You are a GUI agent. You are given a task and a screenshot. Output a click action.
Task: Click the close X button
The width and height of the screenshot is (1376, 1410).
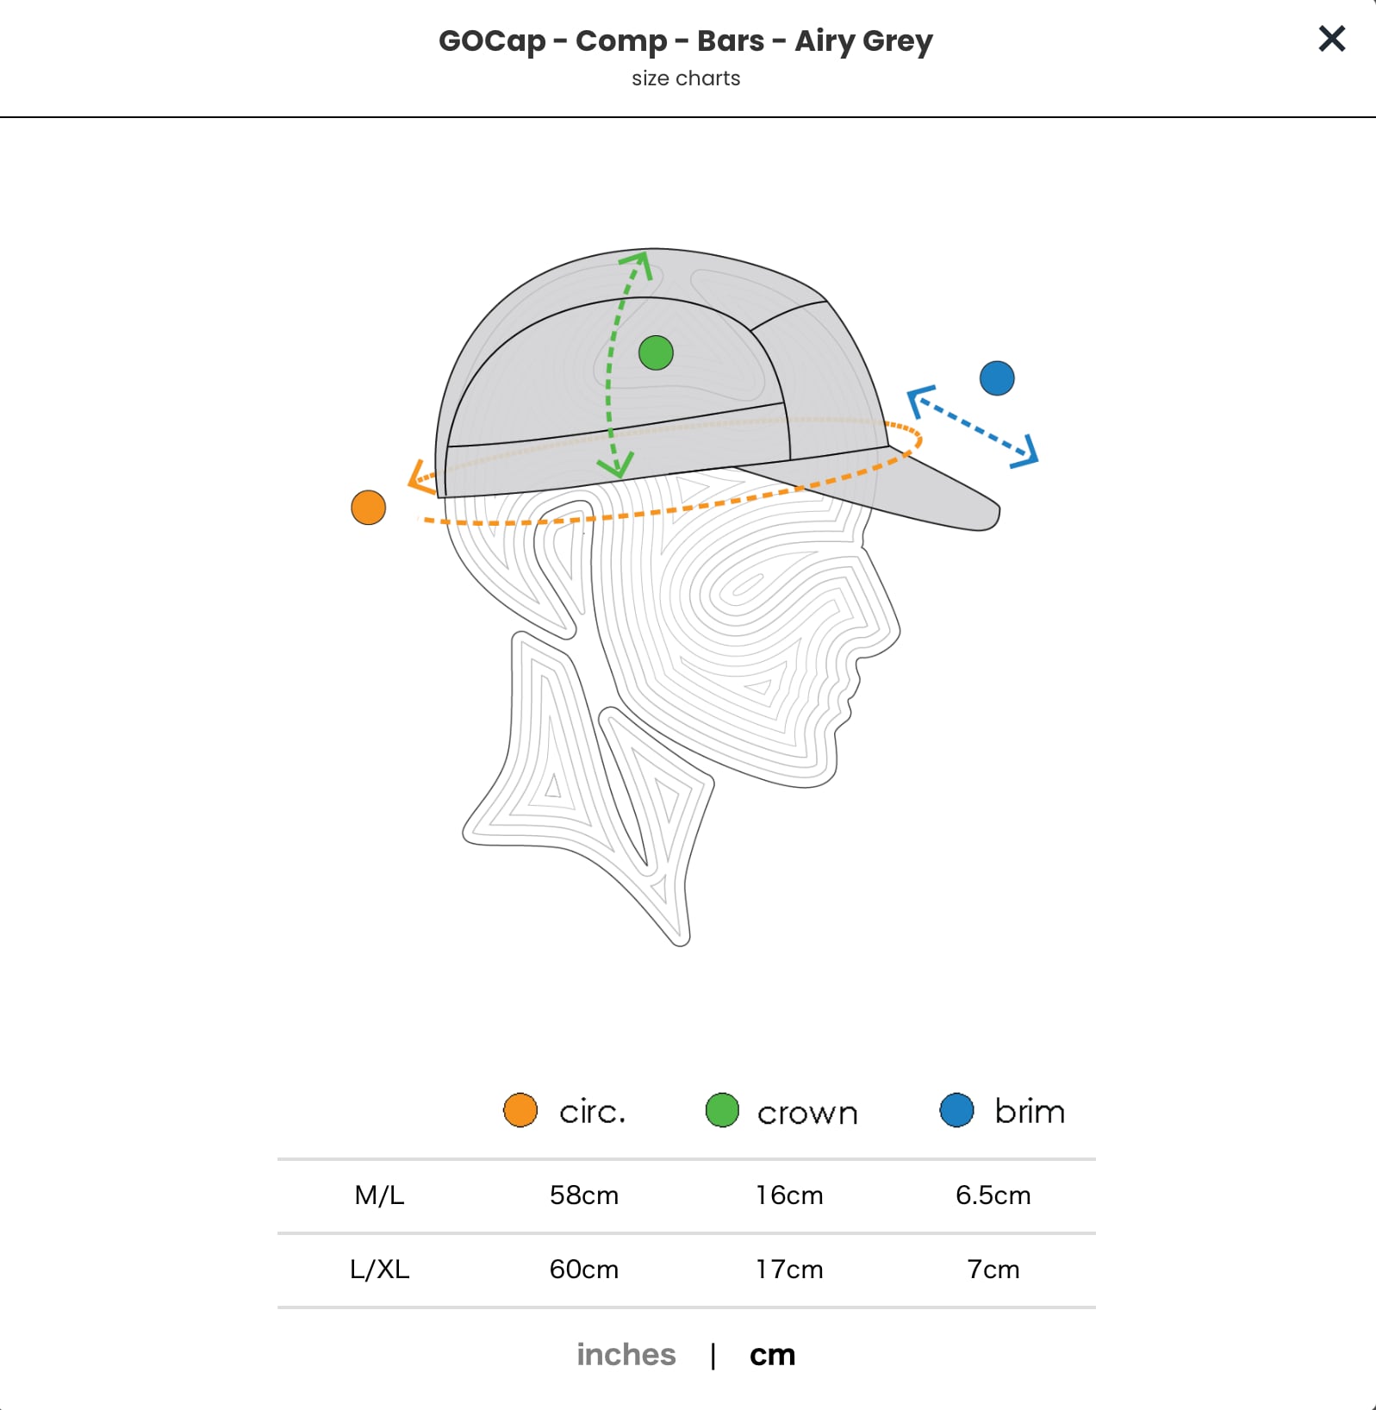1331,38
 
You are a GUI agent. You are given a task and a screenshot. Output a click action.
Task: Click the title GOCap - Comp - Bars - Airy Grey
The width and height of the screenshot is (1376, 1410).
686,41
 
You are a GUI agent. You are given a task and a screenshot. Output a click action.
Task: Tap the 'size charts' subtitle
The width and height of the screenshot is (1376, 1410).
686,78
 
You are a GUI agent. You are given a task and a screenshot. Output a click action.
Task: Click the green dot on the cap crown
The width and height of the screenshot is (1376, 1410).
656,352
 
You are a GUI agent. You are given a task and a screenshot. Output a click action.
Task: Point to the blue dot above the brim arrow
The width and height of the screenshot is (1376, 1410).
997,378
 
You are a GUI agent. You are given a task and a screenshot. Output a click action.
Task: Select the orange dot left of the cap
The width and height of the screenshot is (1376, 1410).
369,508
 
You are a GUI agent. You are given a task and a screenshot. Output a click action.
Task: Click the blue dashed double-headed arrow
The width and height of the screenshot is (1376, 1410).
973,426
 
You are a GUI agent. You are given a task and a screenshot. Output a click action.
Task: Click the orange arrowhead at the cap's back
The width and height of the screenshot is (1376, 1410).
420,478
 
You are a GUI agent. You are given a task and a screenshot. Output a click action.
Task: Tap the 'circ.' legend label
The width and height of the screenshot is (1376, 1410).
592,1112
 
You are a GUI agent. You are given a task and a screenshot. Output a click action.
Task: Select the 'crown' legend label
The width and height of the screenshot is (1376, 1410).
807,1113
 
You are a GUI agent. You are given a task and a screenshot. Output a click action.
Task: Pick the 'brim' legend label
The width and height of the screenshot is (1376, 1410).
1030,1112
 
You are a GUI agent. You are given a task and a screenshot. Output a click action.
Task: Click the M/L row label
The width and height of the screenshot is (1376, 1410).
379,1195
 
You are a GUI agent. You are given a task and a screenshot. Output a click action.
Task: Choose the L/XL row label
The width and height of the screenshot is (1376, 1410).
379,1270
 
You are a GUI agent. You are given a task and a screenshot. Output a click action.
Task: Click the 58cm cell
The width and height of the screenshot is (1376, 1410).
584,1195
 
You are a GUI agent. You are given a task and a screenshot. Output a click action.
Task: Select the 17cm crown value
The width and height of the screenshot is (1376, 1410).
789,1270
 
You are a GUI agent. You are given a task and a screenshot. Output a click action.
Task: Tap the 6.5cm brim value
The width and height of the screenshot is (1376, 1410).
993,1195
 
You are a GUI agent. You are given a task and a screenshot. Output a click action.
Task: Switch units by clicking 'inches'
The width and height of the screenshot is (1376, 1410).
626,1355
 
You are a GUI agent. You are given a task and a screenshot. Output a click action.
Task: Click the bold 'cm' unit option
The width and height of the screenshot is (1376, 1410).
772,1355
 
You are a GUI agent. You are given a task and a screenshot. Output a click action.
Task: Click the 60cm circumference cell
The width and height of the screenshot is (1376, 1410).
584,1270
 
